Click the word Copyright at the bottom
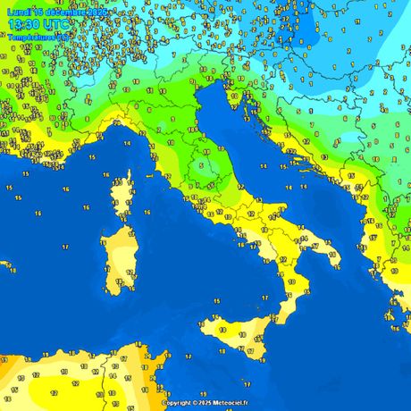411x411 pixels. pos(178,403)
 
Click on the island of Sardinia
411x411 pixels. pos(117,259)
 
